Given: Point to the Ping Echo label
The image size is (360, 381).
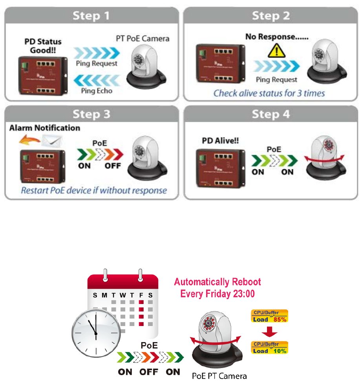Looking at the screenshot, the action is [97, 91].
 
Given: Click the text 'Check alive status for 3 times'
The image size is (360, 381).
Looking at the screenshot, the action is [269, 93].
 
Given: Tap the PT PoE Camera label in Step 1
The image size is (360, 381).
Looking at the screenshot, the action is [143, 38].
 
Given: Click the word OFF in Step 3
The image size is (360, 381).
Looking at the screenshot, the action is [113, 166].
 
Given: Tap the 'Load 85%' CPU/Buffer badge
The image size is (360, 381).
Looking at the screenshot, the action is [269, 316].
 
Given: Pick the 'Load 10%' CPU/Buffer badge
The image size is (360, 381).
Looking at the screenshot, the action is [269, 348].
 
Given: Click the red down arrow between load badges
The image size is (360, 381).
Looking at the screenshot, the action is [269, 332].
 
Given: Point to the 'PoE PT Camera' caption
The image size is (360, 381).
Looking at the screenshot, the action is [219, 376].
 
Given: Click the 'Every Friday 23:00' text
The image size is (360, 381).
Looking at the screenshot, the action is [217, 293].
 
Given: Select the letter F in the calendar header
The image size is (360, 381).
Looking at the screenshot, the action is [141, 295].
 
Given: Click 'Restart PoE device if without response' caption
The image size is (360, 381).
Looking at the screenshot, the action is [94, 191].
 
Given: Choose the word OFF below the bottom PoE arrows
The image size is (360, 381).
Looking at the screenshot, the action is [149, 372].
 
